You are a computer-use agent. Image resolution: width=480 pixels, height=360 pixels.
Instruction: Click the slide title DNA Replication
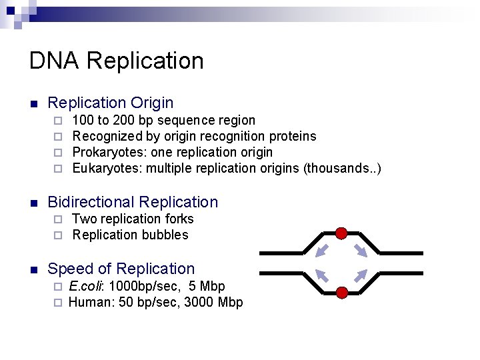pos(116,61)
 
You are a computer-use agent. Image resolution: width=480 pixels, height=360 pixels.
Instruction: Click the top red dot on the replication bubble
pos(341,233)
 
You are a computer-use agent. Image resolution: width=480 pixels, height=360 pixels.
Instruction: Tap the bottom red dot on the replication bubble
pos(341,293)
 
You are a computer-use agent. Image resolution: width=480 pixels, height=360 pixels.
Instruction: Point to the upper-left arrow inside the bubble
pos(322,251)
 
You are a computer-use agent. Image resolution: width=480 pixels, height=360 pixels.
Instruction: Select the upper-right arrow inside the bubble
pos(361,251)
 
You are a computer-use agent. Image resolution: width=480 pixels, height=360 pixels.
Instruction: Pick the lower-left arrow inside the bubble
pos(322,275)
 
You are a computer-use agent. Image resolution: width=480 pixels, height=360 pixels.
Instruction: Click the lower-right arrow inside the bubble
pos(361,275)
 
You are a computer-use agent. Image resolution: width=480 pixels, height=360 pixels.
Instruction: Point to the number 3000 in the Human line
pos(201,302)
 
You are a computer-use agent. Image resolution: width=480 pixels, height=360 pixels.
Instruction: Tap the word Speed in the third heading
pos(69,269)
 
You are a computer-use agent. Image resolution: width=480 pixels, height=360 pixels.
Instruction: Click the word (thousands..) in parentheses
pos(342,168)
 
